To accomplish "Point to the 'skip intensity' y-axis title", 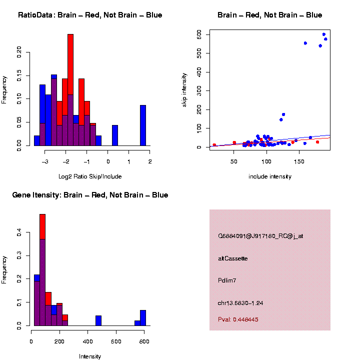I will [x=184, y=88].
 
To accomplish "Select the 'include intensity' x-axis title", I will [x=269, y=176].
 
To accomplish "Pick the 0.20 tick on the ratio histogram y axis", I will [x=19, y=51].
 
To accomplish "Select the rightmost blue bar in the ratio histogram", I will [x=143, y=125].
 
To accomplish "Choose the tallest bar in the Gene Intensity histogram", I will [x=42, y=270].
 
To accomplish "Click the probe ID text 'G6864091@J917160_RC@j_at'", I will [x=260, y=235].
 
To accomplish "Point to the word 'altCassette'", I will [x=233, y=258].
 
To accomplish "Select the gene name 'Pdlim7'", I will [x=227, y=280].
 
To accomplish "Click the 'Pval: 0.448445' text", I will [x=238, y=319].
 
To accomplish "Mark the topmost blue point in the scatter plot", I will [x=324, y=34].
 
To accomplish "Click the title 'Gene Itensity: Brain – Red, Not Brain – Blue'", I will [x=90, y=195].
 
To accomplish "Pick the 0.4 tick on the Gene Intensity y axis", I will [x=19, y=232].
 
